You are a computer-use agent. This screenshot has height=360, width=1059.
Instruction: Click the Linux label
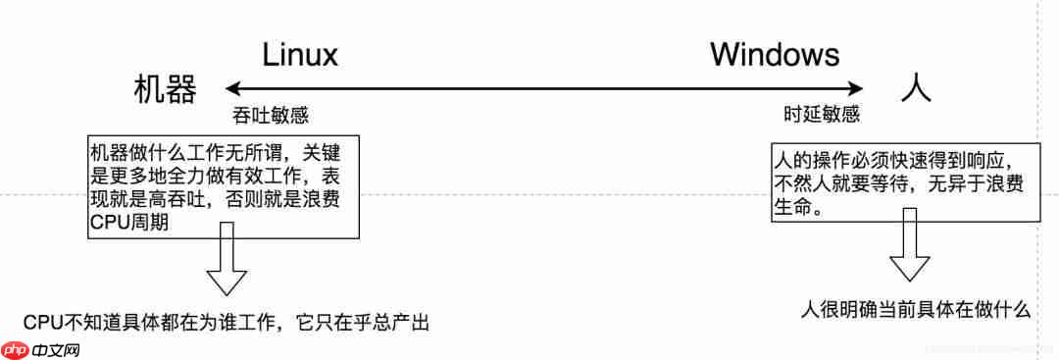[299, 54]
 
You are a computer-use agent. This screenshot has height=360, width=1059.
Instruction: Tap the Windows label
[775, 54]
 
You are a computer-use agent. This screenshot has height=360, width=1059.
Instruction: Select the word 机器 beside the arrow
[166, 90]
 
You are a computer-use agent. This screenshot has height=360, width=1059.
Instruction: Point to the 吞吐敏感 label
[263, 114]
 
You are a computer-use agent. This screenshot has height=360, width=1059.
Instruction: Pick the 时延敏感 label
[821, 114]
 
